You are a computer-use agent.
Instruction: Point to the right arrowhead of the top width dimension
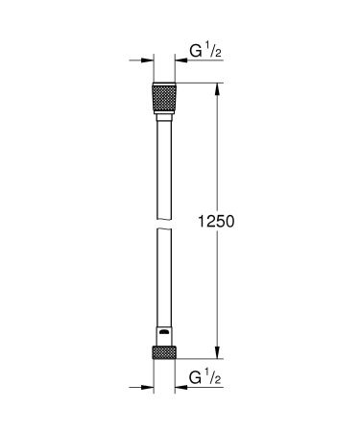tap(180, 66)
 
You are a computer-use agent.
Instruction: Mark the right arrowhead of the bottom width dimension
tap(180, 390)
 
